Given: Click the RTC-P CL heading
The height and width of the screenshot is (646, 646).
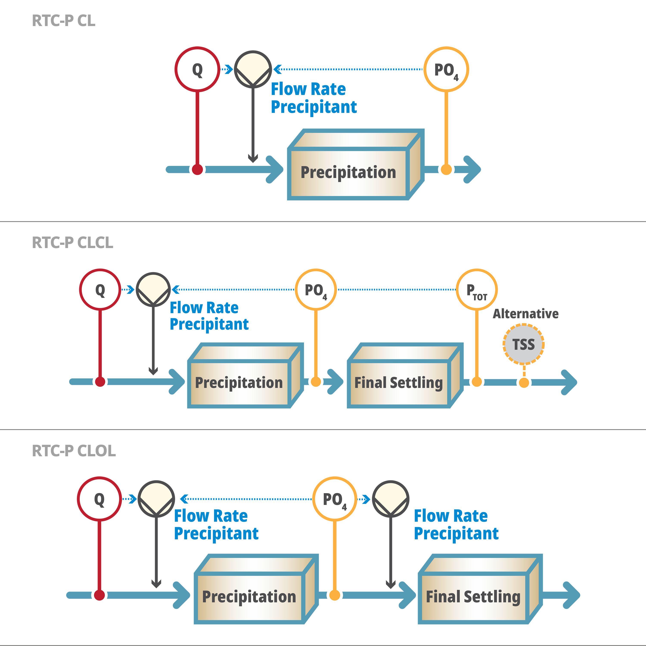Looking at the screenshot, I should coord(64,21).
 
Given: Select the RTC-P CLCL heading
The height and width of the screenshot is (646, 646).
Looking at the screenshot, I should coord(73,242).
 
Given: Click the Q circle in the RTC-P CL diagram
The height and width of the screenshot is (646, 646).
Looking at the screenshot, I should coord(197,69).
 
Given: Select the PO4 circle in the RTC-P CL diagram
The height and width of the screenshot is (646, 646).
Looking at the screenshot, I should coord(446,69).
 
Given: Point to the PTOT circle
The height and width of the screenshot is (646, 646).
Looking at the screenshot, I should coord(477,290).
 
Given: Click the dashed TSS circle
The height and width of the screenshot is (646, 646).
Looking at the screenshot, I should coord(524,344).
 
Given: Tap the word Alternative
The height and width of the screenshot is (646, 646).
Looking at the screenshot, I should coord(526,314).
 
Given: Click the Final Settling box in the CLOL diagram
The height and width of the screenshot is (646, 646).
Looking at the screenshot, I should coord(473,597).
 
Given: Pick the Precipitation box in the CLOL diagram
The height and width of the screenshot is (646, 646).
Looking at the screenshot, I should coord(249,597).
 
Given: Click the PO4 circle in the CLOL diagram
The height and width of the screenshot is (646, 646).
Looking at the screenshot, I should coord(334,499).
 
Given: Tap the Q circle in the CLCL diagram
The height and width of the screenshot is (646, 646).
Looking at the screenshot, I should coord(100,290).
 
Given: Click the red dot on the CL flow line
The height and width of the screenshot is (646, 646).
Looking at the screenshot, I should coord(197,169).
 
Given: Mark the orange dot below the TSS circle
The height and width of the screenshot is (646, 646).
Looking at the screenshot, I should coord(524,382).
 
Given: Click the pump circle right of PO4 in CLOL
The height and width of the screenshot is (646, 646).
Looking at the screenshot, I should coord(391,499).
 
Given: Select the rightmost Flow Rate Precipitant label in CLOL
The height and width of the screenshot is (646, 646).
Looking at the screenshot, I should coord(456,524).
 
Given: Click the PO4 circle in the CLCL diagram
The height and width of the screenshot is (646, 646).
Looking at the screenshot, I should coord(316,290).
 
